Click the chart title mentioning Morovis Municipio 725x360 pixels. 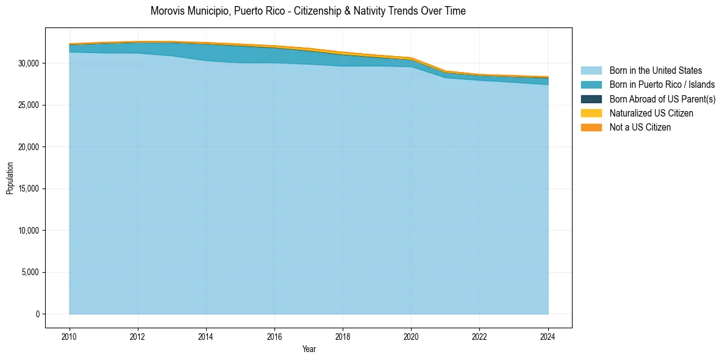[308, 11]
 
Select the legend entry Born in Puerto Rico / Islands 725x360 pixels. [662, 85]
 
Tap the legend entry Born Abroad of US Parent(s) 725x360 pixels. [662, 99]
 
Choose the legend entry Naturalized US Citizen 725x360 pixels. [651, 113]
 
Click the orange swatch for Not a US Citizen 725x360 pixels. [591, 128]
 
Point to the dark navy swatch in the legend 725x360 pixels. [591, 99]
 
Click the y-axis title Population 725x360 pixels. [10, 178]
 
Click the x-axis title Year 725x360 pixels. [309, 349]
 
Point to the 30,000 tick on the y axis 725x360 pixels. [29, 63]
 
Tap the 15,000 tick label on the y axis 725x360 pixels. [29, 189]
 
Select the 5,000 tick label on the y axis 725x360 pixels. [30, 273]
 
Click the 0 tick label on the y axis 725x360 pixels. [37, 314]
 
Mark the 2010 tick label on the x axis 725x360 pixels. [70, 336]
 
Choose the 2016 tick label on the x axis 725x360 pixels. [274, 336]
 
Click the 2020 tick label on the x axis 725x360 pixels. [411, 336]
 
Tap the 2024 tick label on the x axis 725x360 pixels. [548, 336]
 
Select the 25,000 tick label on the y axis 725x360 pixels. [29, 106]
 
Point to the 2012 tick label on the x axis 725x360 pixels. [138, 336]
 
